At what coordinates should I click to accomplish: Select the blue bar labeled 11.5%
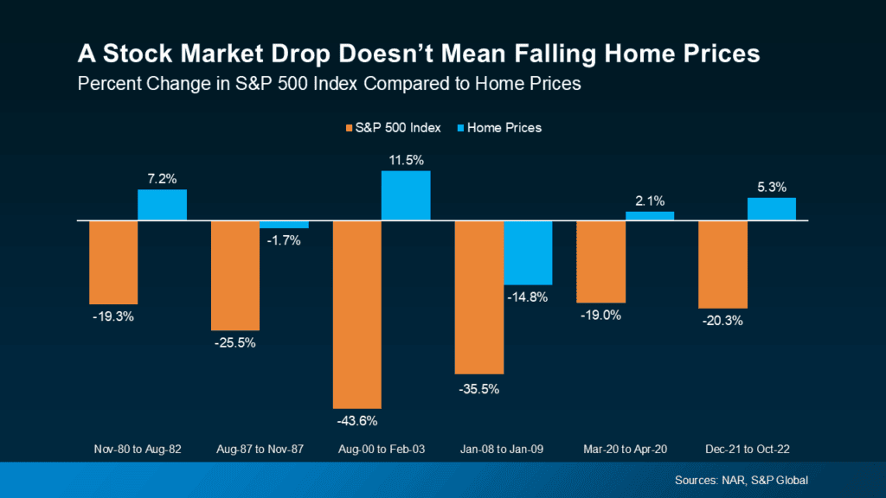[x=406, y=195]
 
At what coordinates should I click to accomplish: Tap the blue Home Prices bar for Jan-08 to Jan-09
[x=528, y=252]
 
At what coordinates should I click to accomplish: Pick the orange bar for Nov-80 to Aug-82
[x=113, y=262]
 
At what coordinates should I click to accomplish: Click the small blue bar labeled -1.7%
[x=284, y=225]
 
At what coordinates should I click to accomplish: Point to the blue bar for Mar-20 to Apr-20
[x=650, y=216]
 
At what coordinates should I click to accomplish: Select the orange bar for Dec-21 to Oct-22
[x=722, y=265]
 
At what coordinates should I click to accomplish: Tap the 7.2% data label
[x=162, y=178]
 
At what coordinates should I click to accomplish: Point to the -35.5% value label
[x=479, y=388]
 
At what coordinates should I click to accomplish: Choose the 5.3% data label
[x=771, y=187]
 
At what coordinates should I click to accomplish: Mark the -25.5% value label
[x=235, y=343]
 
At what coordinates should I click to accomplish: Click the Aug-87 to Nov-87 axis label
[x=260, y=450]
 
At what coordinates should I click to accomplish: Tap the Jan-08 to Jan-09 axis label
[x=504, y=450]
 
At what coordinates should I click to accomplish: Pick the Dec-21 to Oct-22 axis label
[x=747, y=450]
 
